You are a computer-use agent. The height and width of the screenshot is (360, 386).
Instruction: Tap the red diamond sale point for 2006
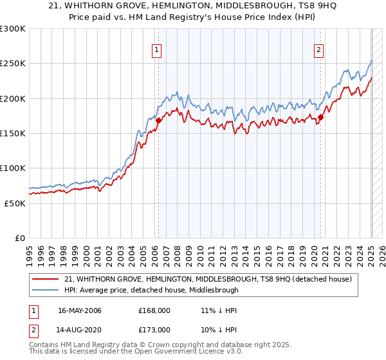point(158,120)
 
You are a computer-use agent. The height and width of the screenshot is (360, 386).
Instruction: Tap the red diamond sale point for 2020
point(320,117)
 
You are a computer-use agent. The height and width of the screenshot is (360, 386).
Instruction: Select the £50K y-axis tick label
point(15,203)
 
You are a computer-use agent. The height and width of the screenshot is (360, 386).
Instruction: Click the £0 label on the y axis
point(20,238)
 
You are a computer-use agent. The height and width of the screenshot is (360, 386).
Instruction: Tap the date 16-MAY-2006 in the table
point(80,311)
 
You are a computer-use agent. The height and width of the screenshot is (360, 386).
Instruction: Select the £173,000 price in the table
point(154,329)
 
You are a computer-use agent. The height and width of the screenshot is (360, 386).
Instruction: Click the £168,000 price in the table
point(154,311)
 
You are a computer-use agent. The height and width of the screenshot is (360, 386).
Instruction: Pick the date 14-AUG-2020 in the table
point(80,329)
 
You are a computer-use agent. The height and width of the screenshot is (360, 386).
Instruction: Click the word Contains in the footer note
point(45,346)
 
